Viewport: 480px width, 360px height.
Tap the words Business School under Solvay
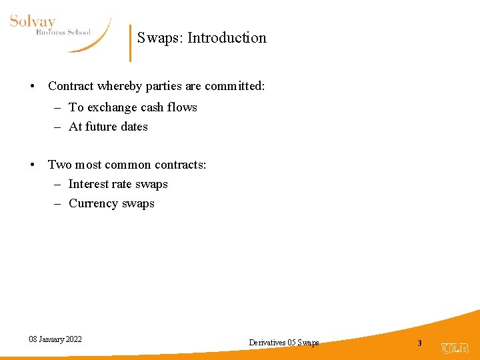63,31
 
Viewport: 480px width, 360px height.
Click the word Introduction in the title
227,38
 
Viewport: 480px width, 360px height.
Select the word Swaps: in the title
160,38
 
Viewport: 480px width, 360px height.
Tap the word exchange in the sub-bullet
113,107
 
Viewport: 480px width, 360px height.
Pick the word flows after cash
182,107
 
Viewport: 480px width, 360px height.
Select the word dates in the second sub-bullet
135,127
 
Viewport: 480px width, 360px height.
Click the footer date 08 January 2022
55,339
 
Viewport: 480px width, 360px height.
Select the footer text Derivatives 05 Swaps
283,343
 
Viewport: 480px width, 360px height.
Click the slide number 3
419,343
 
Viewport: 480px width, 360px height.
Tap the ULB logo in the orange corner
455,348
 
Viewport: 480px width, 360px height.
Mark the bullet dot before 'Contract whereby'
32,87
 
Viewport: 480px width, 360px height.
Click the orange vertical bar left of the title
130,43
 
